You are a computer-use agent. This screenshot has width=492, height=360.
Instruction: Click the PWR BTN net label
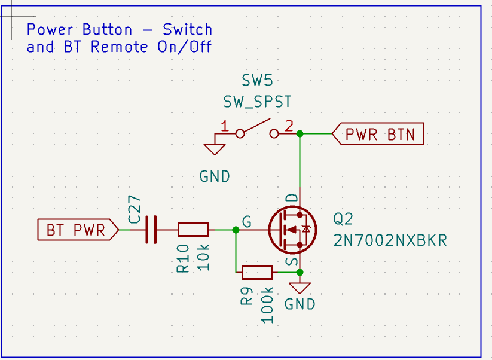tap(378, 134)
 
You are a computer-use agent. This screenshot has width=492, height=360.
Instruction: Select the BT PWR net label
tap(78, 230)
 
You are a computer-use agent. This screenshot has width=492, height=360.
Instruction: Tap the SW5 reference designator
tap(257, 80)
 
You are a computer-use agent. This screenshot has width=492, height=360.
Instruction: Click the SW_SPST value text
tap(257, 102)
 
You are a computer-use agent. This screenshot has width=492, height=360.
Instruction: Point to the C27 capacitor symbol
tap(151, 230)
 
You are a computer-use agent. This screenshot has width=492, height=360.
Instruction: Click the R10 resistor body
tap(193, 230)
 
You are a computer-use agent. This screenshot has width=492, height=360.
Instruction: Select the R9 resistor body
tap(257, 272)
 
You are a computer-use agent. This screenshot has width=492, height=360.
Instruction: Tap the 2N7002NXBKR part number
tap(390, 241)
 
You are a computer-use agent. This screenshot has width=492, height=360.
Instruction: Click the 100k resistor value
tap(267, 305)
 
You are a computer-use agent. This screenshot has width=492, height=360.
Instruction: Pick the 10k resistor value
tap(203, 258)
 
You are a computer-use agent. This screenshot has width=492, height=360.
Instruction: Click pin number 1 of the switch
tap(224, 126)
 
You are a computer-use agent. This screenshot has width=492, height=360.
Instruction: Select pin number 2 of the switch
tap(289, 126)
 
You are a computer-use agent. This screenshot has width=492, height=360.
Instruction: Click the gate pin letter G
tap(247, 222)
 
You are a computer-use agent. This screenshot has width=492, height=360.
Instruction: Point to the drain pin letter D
tap(292, 198)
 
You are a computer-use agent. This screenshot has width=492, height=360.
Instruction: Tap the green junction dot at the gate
tap(236, 230)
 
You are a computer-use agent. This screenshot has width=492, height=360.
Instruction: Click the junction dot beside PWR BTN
tap(300, 134)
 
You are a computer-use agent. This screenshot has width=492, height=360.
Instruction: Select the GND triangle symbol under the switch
tap(215, 150)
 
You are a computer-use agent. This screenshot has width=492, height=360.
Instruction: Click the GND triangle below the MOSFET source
tap(300, 288)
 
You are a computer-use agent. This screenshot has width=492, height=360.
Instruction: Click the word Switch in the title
tap(187, 29)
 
